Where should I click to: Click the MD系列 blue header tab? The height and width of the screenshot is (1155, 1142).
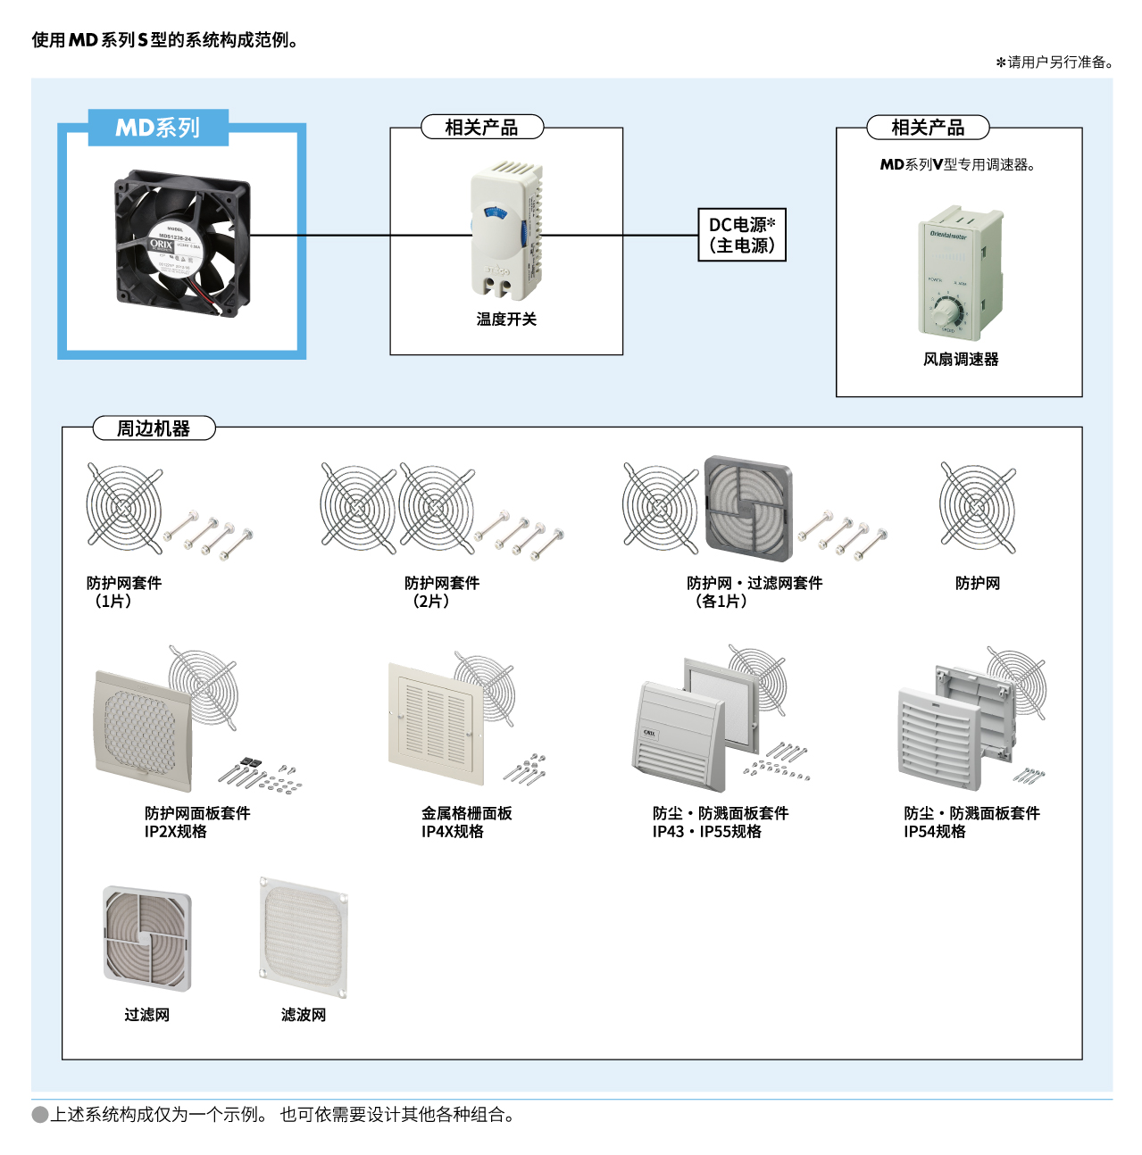coord(158,128)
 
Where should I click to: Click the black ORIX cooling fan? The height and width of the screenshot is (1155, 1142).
coord(182,244)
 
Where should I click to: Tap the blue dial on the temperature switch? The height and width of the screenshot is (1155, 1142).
coord(493,212)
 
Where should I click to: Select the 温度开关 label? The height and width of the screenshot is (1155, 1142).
coord(506,320)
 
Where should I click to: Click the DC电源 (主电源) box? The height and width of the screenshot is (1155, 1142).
coord(741,235)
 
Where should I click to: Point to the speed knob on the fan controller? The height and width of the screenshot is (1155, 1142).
coord(946,312)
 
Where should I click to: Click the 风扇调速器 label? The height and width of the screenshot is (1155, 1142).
coord(961,360)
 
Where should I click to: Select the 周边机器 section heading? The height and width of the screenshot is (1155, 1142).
coord(154,428)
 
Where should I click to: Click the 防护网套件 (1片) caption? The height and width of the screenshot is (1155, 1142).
coord(124,592)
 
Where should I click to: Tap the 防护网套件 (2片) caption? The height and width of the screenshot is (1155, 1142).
coord(442,592)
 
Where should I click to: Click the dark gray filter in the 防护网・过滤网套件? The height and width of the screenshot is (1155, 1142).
coord(748,509)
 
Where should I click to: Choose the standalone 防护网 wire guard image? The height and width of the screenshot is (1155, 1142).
coord(978,507)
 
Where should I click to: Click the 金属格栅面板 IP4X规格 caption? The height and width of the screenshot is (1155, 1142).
coord(466,822)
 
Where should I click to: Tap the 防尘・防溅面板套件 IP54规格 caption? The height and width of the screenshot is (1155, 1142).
coord(971,822)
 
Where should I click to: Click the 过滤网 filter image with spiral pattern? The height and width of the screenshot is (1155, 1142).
coord(147,938)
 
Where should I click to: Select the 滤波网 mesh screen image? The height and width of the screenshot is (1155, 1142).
coord(304,937)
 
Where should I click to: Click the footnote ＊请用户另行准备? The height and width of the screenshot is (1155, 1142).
coord(1054,62)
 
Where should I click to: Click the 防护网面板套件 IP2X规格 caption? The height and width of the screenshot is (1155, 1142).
coord(197,822)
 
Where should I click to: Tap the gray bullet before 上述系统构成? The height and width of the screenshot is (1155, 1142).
coord(40,1115)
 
